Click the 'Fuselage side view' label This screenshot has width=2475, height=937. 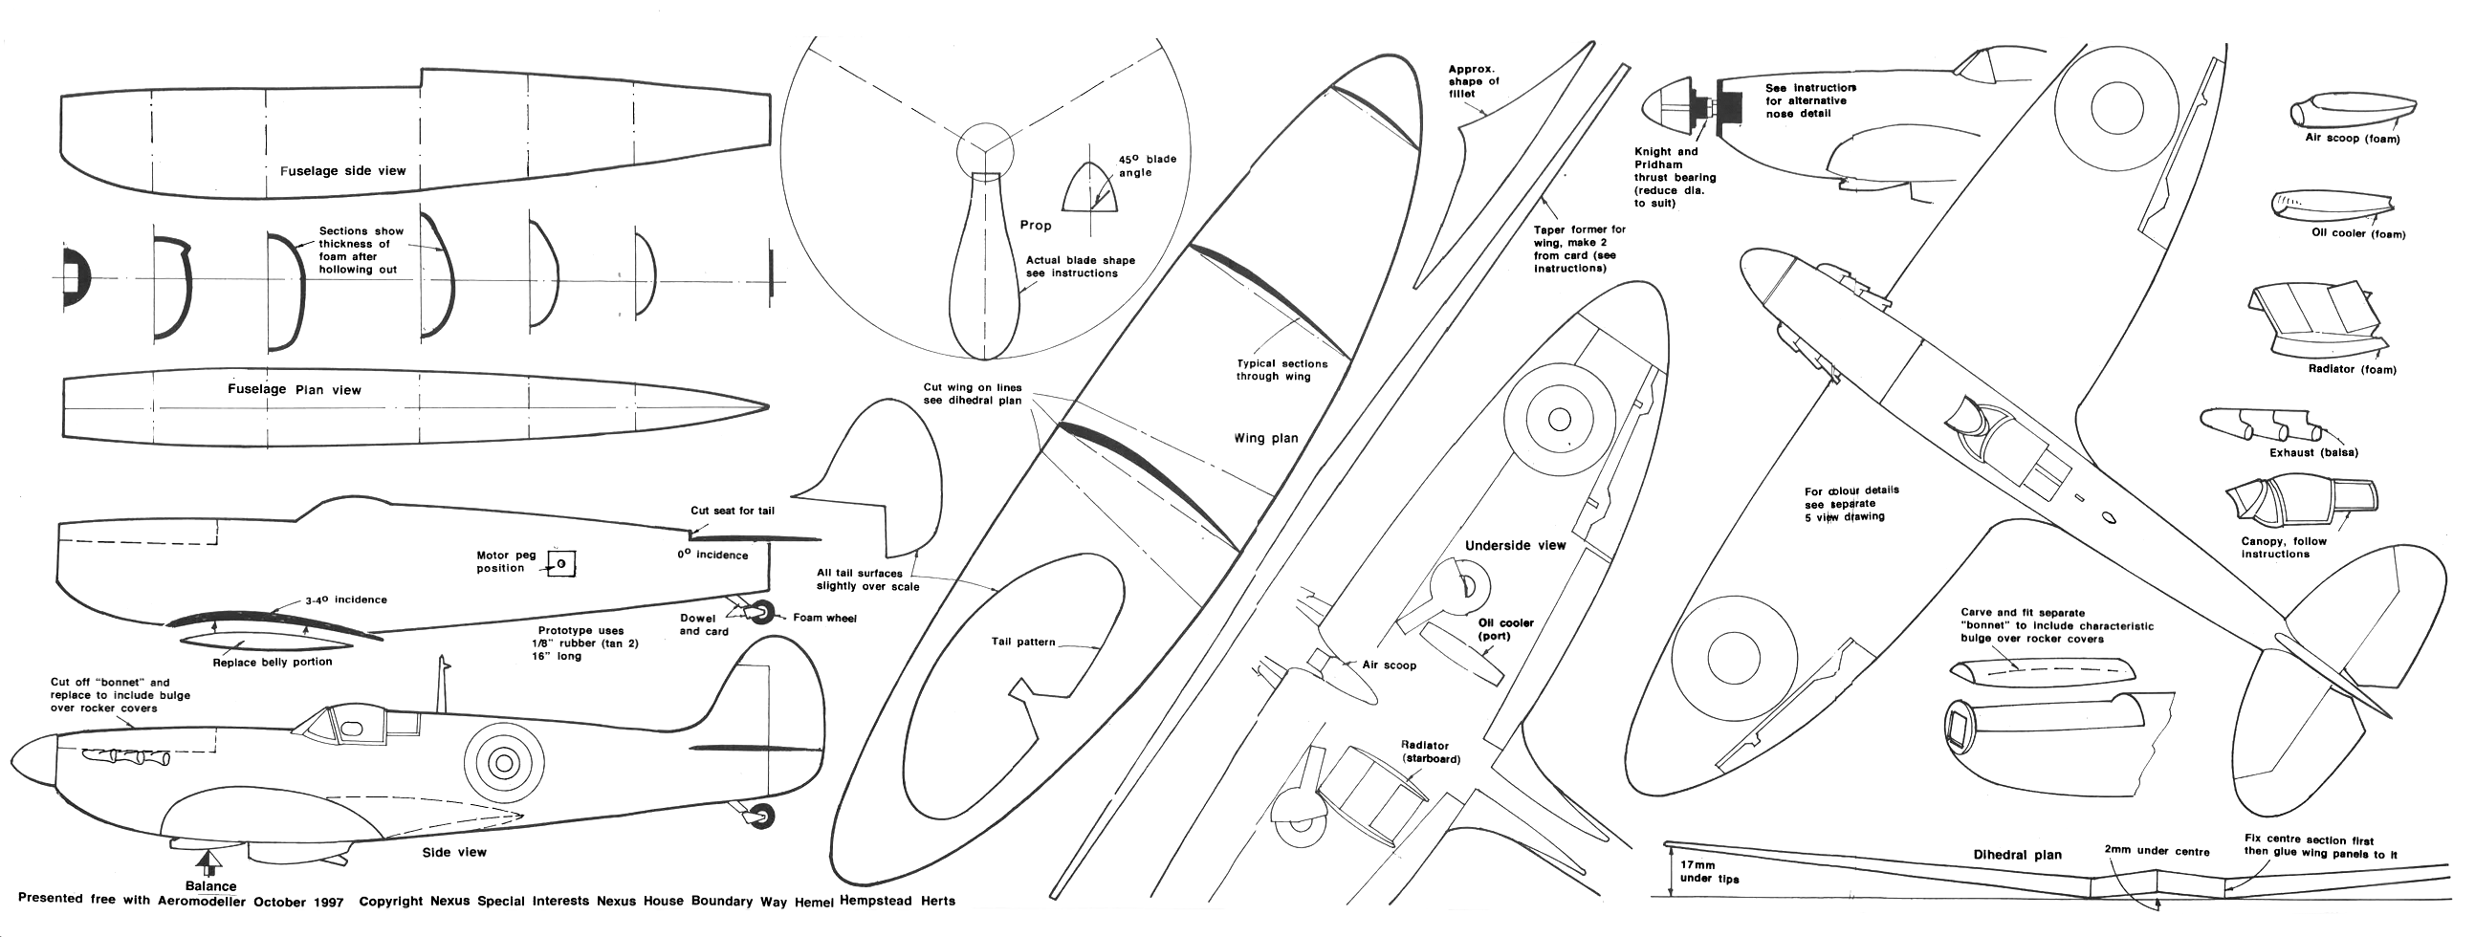point(343,171)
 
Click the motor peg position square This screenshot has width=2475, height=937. point(561,564)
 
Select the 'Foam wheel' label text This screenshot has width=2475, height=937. point(824,618)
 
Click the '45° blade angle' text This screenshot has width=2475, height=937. point(1147,166)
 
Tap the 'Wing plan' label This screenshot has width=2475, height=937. point(1265,438)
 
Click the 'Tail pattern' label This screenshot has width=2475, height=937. point(1023,642)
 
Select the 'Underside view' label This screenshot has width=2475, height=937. point(1515,546)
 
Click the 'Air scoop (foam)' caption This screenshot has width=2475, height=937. point(2352,140)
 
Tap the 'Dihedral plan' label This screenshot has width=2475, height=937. point(2017,855)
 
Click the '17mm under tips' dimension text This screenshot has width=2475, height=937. point(1707,872)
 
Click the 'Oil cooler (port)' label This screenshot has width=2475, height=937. point(1505,629)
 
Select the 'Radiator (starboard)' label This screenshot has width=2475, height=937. point(1430,752)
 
